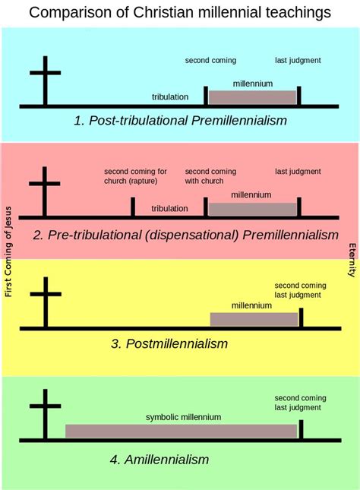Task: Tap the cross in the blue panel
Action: click(x=45, y=80)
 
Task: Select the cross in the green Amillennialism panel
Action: click(x=45, y=414)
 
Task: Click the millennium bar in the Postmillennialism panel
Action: click(x=254, y=319)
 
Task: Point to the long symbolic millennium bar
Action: click(x=181, y=431)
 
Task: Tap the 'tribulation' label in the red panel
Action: click(x=170, y=208)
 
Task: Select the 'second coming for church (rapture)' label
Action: click(x=136, y=175)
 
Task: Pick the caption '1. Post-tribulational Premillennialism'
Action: click(x=180, y=121)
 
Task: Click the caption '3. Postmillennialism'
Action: click(x=169, y=343)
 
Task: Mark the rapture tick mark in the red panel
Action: click(x=133, y=207)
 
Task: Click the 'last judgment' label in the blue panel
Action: click(x=298, y=60)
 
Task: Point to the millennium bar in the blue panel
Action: click(x=252, y=97)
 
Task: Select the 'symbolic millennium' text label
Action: click(x=184, y=417)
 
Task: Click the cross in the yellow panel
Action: click(x=45, y=302)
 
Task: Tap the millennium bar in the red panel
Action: click(x=252, y=209)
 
